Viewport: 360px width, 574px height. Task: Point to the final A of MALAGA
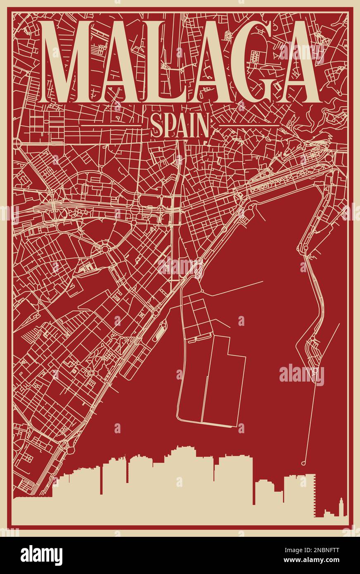click(294, 62)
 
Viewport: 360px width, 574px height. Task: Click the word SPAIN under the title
click(179, 126)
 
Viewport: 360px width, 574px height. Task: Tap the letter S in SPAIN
click(156, 126)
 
